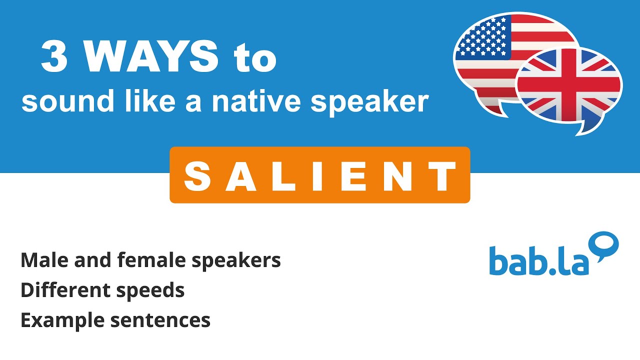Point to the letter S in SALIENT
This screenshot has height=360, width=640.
click(197, 176)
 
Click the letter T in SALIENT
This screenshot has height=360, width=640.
click(443, 176)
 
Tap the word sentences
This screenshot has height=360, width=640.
click(160, 320)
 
